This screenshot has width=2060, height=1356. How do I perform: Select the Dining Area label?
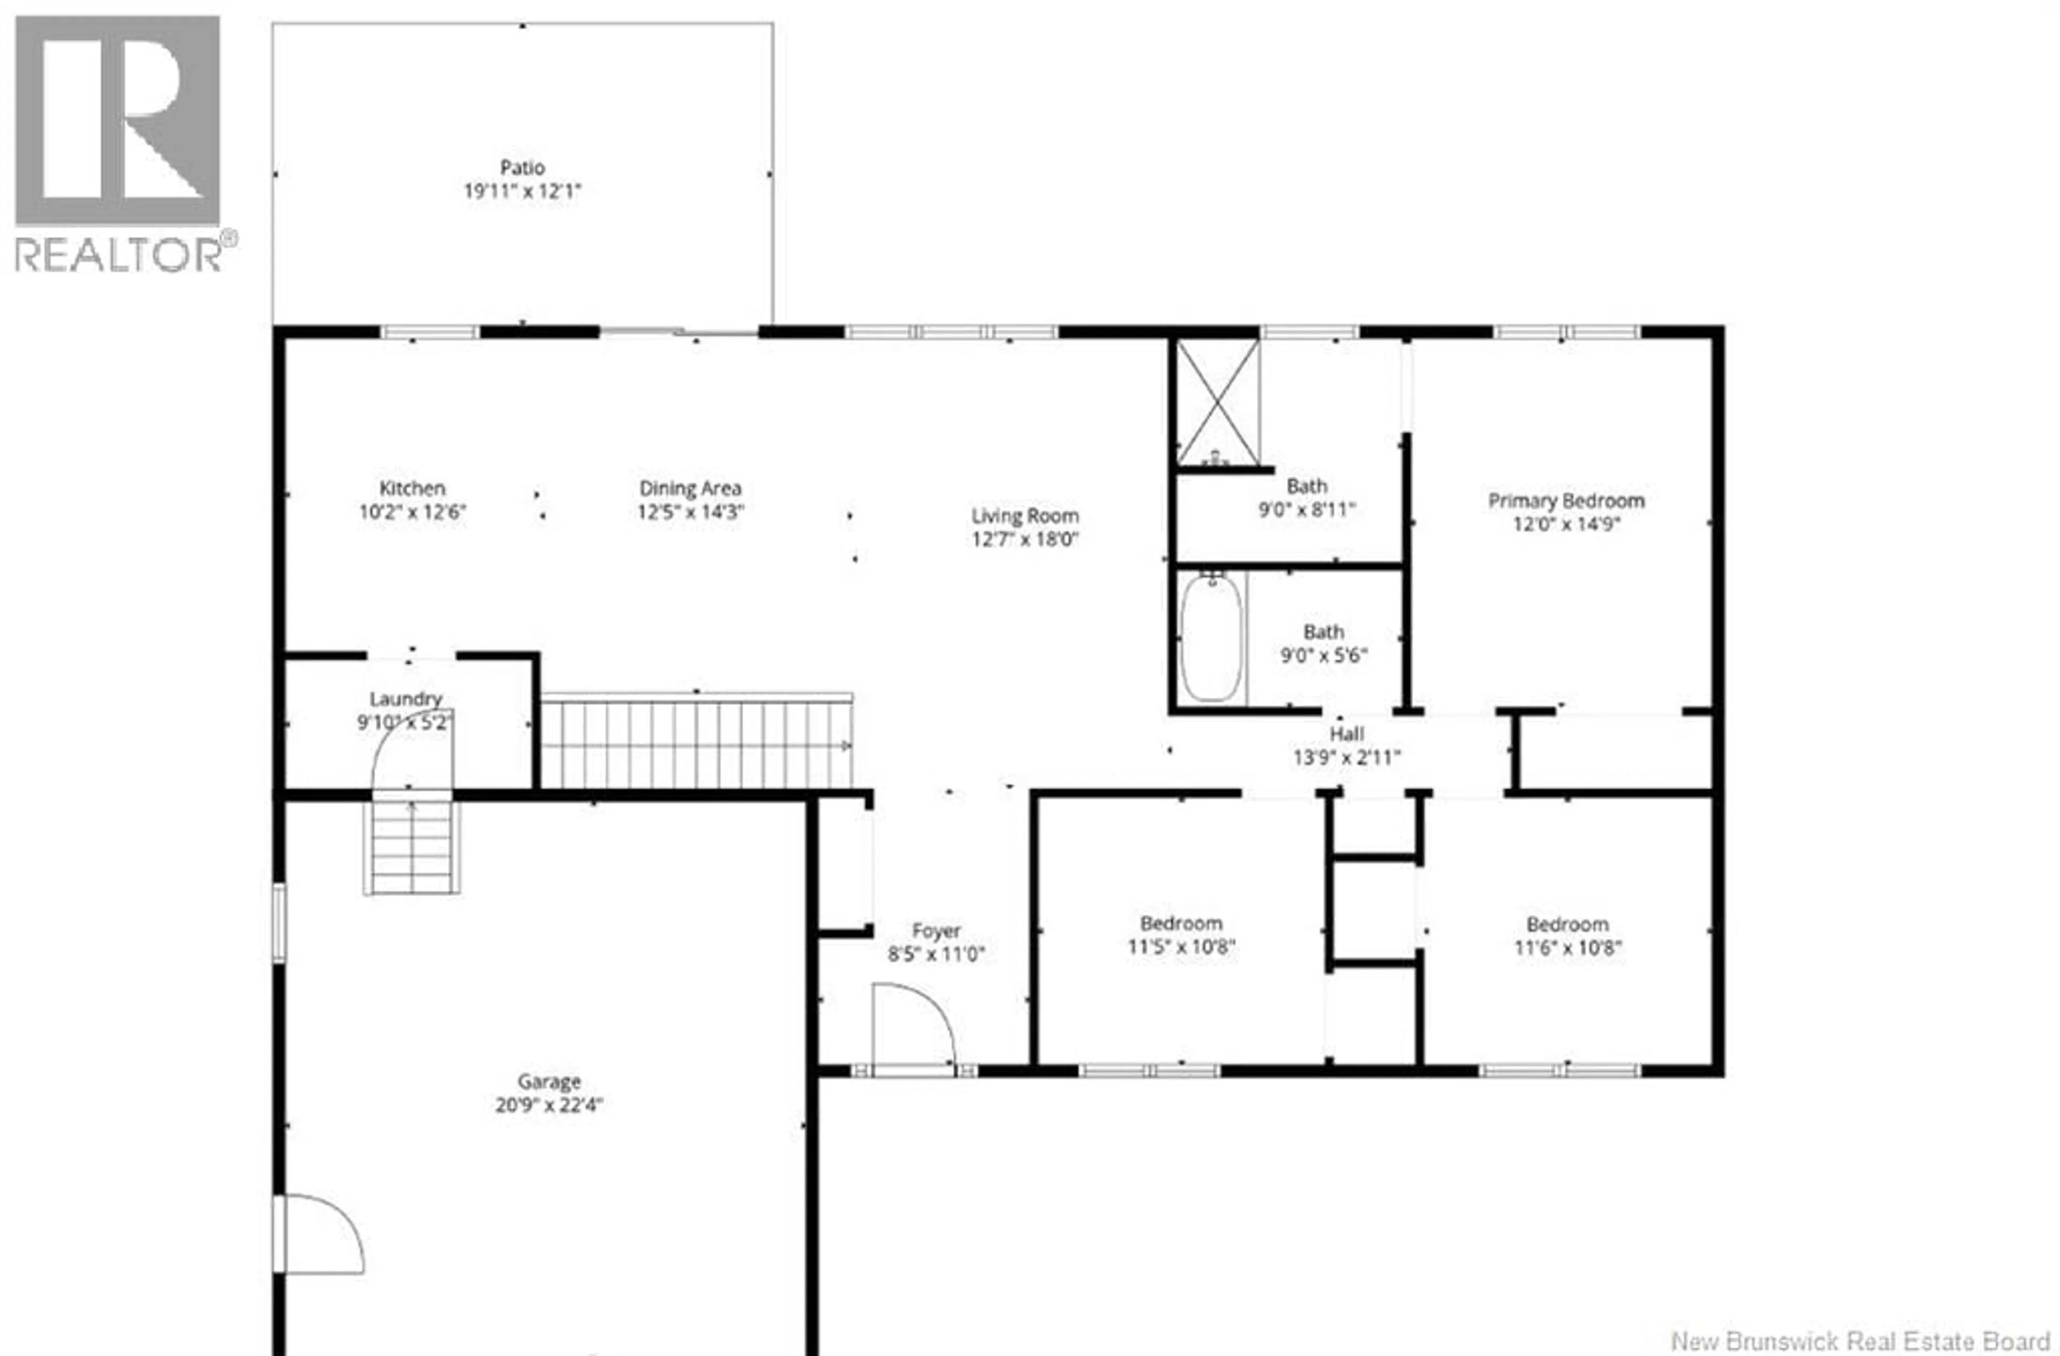click(690, 489)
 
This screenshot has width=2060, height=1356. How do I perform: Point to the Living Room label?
click(1025, 517)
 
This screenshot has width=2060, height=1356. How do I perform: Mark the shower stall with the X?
click(1217, 402)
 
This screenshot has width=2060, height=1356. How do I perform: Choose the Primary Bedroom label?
click(1566, 501)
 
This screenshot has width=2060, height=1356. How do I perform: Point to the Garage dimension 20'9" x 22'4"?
click(549, 1105)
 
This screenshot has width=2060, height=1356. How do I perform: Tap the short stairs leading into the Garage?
click(411, 847)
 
